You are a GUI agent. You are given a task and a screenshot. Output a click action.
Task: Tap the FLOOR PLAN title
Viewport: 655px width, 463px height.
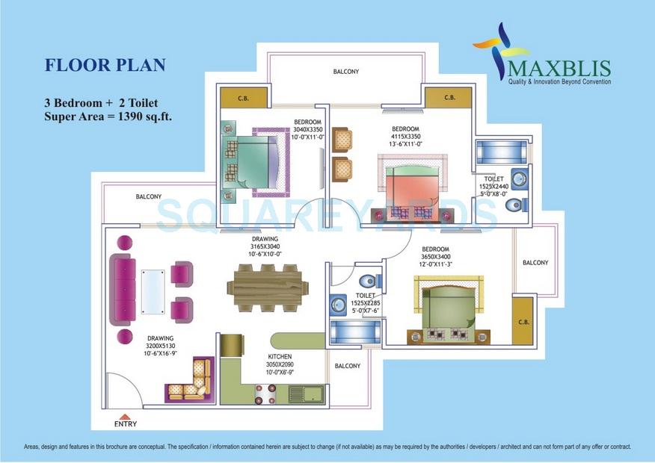105,65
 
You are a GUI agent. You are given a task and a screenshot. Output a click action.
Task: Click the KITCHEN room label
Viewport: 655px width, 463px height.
280,357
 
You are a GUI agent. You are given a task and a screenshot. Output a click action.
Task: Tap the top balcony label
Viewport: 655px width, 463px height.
346,72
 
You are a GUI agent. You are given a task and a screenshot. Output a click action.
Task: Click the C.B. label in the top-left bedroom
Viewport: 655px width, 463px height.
243,97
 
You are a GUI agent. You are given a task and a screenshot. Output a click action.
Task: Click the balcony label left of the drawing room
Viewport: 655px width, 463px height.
149,196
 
